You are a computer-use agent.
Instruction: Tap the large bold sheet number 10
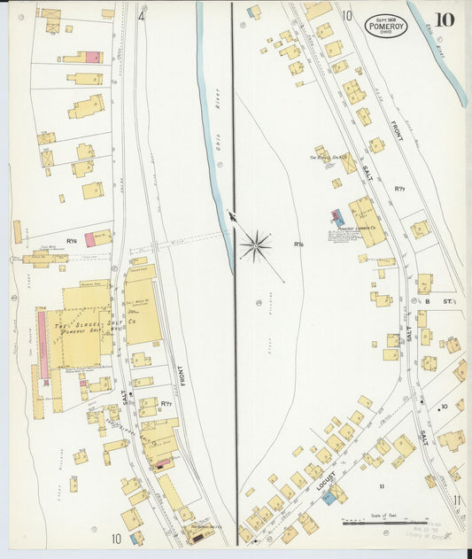[445, 19]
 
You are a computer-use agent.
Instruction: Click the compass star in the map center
[255, 245]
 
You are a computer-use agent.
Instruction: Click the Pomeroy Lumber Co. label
[359, 228]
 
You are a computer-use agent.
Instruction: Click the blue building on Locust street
[329, 498]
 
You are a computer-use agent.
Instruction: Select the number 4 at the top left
[142, 15]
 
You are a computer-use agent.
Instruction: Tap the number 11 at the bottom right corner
[456, 501]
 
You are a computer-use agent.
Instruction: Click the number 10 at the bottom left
[117, 538]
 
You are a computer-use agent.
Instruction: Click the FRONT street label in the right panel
[397, 132]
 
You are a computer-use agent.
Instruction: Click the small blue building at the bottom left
[135, 538]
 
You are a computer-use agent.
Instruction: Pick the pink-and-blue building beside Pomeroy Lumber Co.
[335, 217]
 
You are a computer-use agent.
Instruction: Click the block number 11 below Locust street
[383, 486]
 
